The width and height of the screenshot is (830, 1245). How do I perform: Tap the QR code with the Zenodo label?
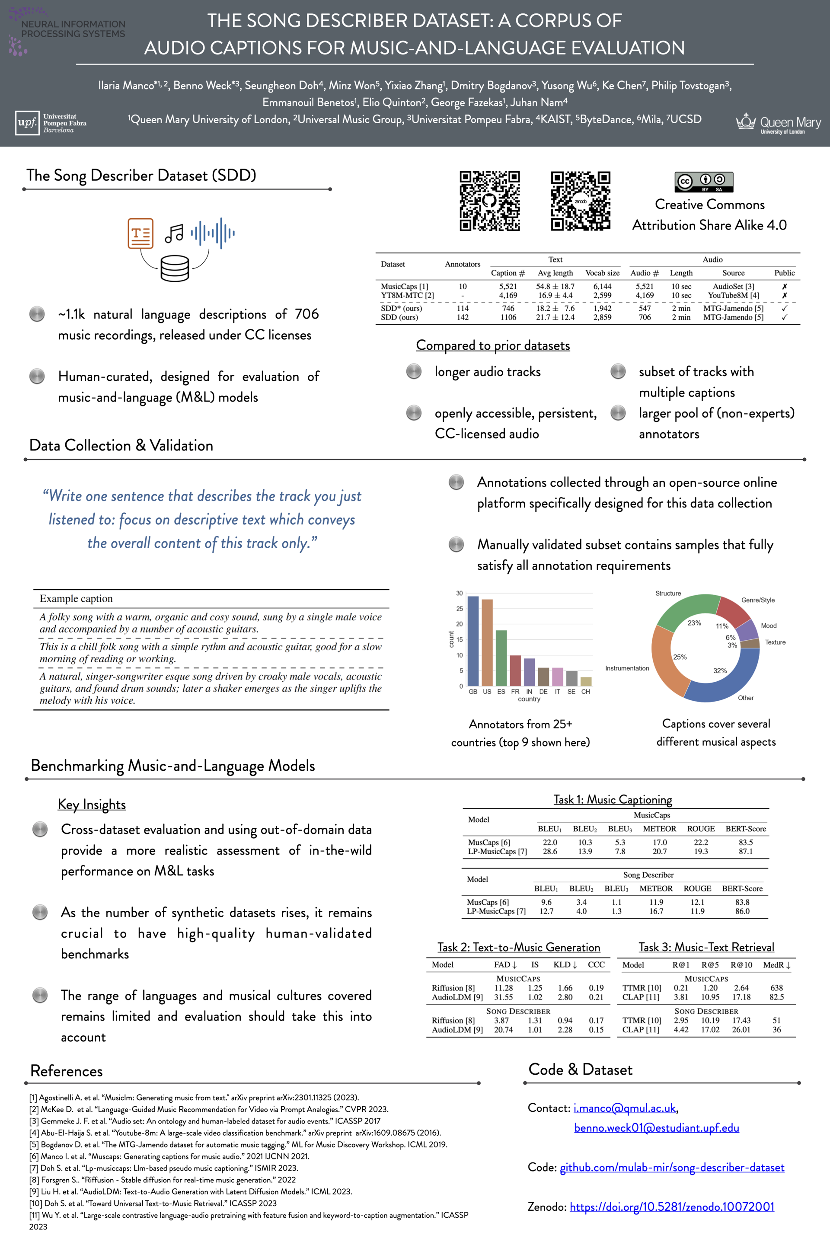580,201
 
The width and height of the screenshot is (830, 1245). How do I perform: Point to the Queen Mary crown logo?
747,122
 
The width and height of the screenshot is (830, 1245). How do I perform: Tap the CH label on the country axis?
585,691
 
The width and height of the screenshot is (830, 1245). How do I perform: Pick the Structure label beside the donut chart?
668,594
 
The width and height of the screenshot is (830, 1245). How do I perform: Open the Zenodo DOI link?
672,1207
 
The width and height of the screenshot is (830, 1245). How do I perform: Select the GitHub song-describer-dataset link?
672,1167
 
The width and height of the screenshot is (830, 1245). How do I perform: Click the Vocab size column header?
602,273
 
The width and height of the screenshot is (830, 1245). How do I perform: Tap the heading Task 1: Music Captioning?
613,799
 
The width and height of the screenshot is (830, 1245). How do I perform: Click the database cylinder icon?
175,268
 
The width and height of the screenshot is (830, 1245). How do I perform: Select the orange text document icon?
140,233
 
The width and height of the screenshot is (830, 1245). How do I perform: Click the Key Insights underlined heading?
92,804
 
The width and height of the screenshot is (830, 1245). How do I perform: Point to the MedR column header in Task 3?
776,965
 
